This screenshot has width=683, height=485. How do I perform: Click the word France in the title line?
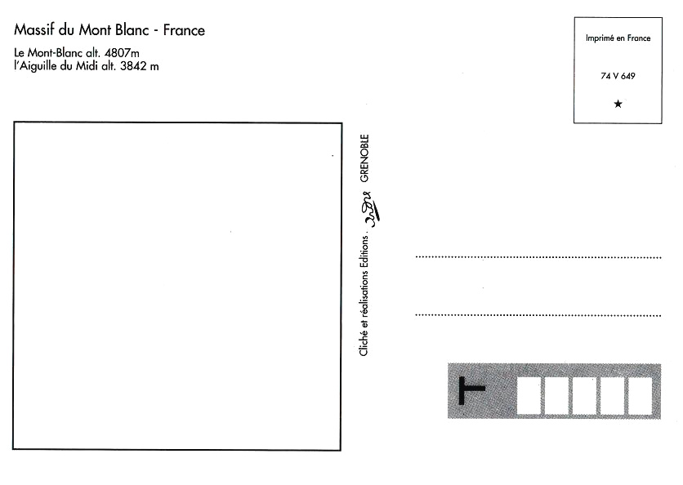click(184, 30)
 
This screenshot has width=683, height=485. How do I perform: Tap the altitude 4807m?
click(122, 53)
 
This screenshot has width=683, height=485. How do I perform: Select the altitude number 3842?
click(133, 67)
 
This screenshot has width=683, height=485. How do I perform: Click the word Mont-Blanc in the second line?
click(55, 53)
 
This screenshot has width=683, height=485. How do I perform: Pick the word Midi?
click(87, 66)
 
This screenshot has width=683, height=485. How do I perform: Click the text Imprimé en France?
click(618, 38)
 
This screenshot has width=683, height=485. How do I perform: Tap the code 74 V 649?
click(618, 76)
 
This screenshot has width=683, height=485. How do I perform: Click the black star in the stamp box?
click(618, 104)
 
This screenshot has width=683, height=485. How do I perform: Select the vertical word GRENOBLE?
click(364, 158)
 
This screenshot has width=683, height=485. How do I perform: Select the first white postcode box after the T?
click(529, 396)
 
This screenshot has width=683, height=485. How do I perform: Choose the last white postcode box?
click(640, 396)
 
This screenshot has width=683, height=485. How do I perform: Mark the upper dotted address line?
click(538, 257)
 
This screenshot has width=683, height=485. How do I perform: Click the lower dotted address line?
click(538, 315)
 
